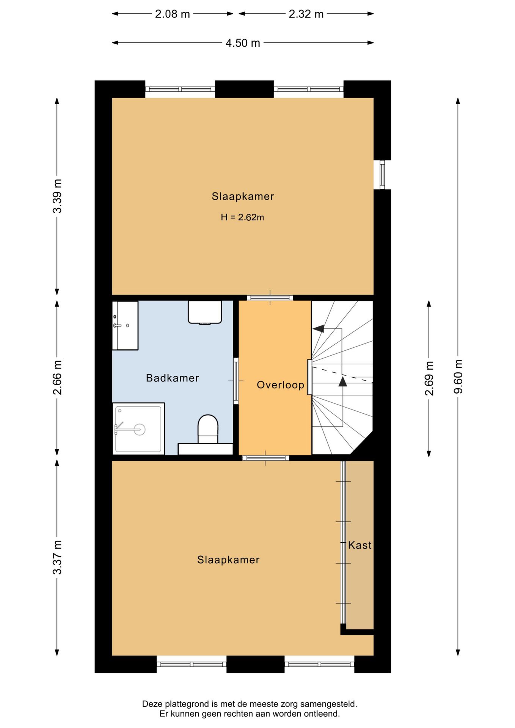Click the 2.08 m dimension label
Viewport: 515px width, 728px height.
click(x=172, y=14)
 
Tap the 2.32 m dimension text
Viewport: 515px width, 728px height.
click(x=306, y=14)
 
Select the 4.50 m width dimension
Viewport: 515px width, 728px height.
click(x=243, y=43)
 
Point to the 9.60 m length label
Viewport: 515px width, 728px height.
click(x=458, y=376)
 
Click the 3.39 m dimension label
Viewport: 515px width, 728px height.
click(x=57, y=196)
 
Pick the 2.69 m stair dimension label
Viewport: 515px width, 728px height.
click(x=429, y=378)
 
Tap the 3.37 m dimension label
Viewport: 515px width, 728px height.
click(x=57, y=557)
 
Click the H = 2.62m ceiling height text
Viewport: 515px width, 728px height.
click(x=242, y=217)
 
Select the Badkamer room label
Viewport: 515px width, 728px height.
click(x=173, y=378)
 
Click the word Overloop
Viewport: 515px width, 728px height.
click(x=280, y=385)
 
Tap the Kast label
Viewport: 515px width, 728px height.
click(x=360, y=545)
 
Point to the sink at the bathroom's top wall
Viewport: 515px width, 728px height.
click(x=205, y=312)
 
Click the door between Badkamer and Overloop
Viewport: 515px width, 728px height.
click(x=236, y=381)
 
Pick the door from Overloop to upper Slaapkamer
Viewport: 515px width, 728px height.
click(x=270, y=298)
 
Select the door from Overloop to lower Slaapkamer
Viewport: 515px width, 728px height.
click(x=265, y=458)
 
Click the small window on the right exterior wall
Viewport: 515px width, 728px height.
click(x=382, y=174)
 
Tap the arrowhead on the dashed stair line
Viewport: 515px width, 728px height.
click(x=343, y=381)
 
